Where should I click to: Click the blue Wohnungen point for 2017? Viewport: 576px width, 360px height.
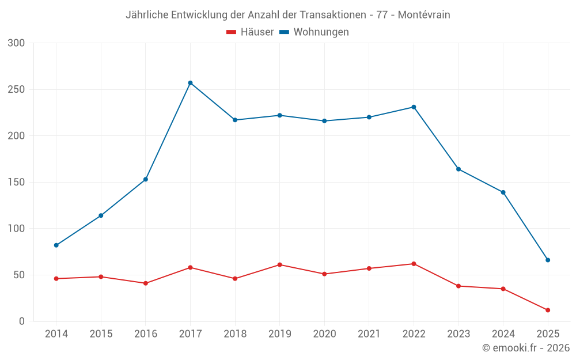190,83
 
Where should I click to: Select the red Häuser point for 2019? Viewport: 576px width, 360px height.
280,265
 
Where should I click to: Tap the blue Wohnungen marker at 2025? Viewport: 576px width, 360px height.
548,260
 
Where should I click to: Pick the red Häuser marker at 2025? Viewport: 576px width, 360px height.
548,310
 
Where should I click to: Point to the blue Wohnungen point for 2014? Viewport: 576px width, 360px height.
56,245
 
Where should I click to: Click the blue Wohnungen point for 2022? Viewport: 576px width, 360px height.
414,107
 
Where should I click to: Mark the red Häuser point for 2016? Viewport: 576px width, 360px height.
146,283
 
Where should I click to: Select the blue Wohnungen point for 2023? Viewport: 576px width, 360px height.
458,169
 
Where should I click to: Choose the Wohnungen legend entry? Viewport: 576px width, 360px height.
314,32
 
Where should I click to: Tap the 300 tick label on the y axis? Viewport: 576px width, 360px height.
17,43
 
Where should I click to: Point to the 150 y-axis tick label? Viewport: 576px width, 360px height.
17,183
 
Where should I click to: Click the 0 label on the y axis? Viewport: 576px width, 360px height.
22,321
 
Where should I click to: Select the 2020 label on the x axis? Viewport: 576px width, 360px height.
324,334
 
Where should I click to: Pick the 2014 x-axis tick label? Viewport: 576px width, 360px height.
56,334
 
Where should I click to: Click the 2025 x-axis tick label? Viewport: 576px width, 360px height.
548,334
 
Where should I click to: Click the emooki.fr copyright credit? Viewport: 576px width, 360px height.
526,348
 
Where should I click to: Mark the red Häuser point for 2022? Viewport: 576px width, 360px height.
414,264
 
